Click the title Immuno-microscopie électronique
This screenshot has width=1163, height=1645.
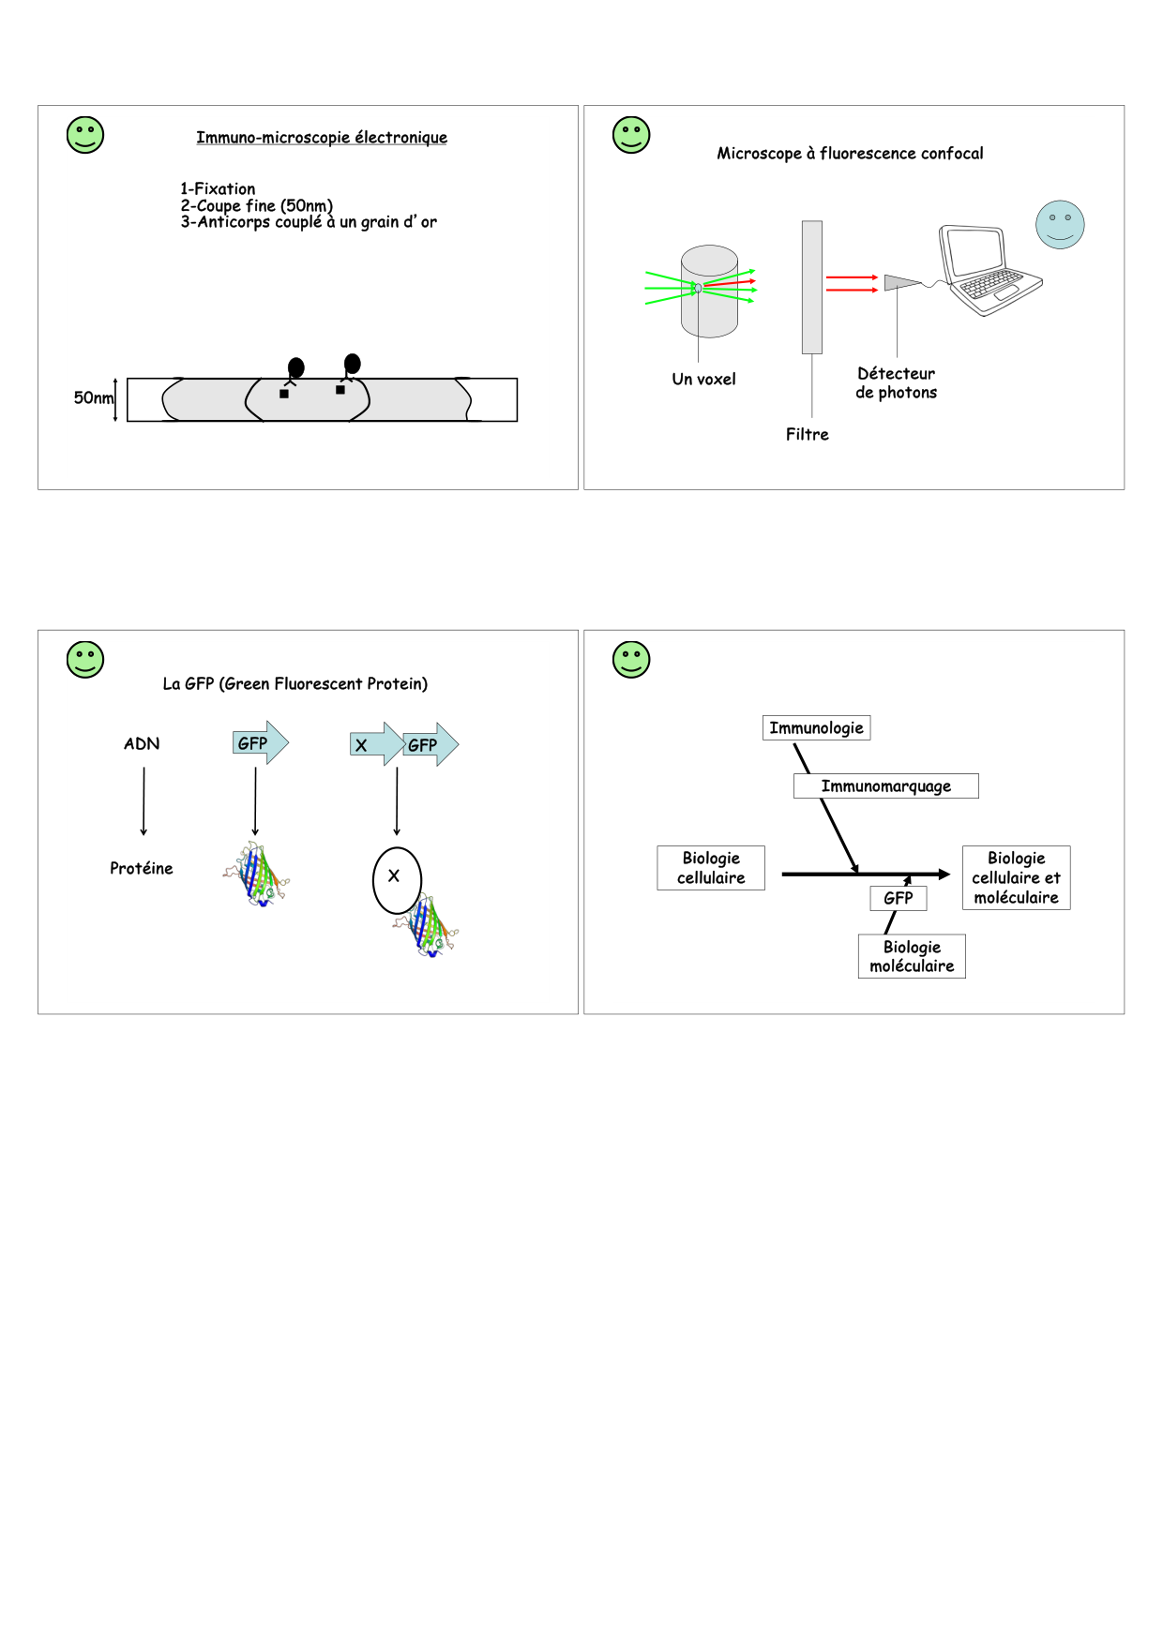[321, 138]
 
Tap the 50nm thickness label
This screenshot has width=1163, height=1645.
[93, 398]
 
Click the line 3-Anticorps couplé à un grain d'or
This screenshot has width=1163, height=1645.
[309, 222]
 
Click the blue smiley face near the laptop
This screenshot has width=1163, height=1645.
[1060, 225]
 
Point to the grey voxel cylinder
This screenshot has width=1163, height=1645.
[709, 292]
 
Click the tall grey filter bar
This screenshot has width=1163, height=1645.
[812, 287]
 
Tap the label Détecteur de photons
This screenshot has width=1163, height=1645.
[896, 383]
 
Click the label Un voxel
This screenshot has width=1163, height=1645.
[703, 380]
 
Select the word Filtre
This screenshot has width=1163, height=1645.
[808, 435]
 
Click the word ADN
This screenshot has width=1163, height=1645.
[142, 744]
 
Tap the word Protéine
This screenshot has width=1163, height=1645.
[142, 869]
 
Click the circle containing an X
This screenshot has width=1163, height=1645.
[397, 880]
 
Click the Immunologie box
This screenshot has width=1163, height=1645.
[816, 728]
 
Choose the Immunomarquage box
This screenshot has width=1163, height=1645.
[885, 786]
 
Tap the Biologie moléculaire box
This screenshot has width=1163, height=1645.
[912, 957]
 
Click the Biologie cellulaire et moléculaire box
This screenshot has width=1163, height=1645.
[1016, 878]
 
